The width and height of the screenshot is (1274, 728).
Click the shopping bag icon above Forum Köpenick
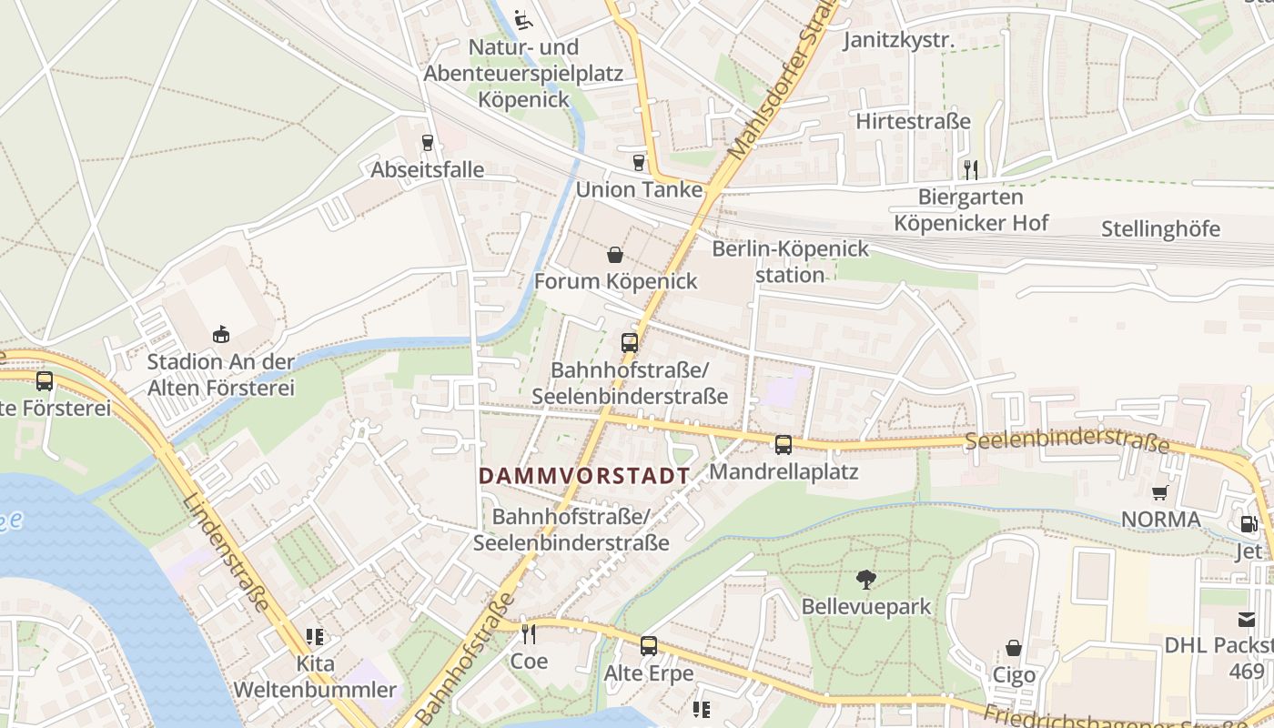(x=615, y=255)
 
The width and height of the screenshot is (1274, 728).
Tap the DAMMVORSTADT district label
(x=584, y=475)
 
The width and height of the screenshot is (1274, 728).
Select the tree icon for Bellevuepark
(x=865, y=579)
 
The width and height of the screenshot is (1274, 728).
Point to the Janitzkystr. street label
(x=899, y=40)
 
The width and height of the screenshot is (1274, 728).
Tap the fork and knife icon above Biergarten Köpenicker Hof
(x=971, y=169)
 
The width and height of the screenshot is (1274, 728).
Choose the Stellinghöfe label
(x=1159, y=228)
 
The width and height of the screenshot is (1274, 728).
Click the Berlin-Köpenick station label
(x=790, y=261)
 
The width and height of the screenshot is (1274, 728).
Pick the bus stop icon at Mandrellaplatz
(x=784, y=445)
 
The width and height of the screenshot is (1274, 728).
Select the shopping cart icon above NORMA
(x=1160, y=493)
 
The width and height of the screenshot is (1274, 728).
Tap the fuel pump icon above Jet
(x=1249, y=524)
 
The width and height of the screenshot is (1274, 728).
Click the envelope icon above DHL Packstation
(x=1247, y=620)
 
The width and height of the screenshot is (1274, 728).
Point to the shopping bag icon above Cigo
(x=1014, y=648)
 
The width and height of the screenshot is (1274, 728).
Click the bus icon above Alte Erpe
(x=649, y=646)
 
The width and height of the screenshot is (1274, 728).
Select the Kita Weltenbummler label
(x=316, y=676)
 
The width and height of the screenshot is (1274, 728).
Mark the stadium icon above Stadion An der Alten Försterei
(x=221, y=335)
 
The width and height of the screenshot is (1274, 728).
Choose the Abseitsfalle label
(x=427, y=170)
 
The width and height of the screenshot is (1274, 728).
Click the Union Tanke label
(x=640, y=189)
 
